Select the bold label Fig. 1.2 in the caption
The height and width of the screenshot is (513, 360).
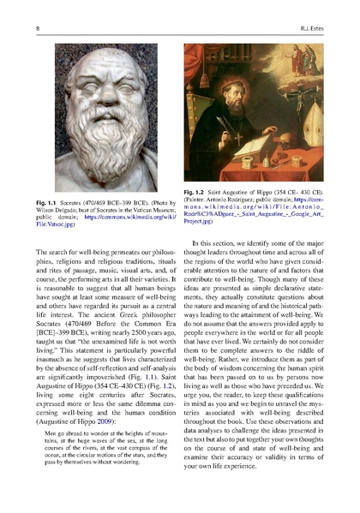point(197,192)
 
